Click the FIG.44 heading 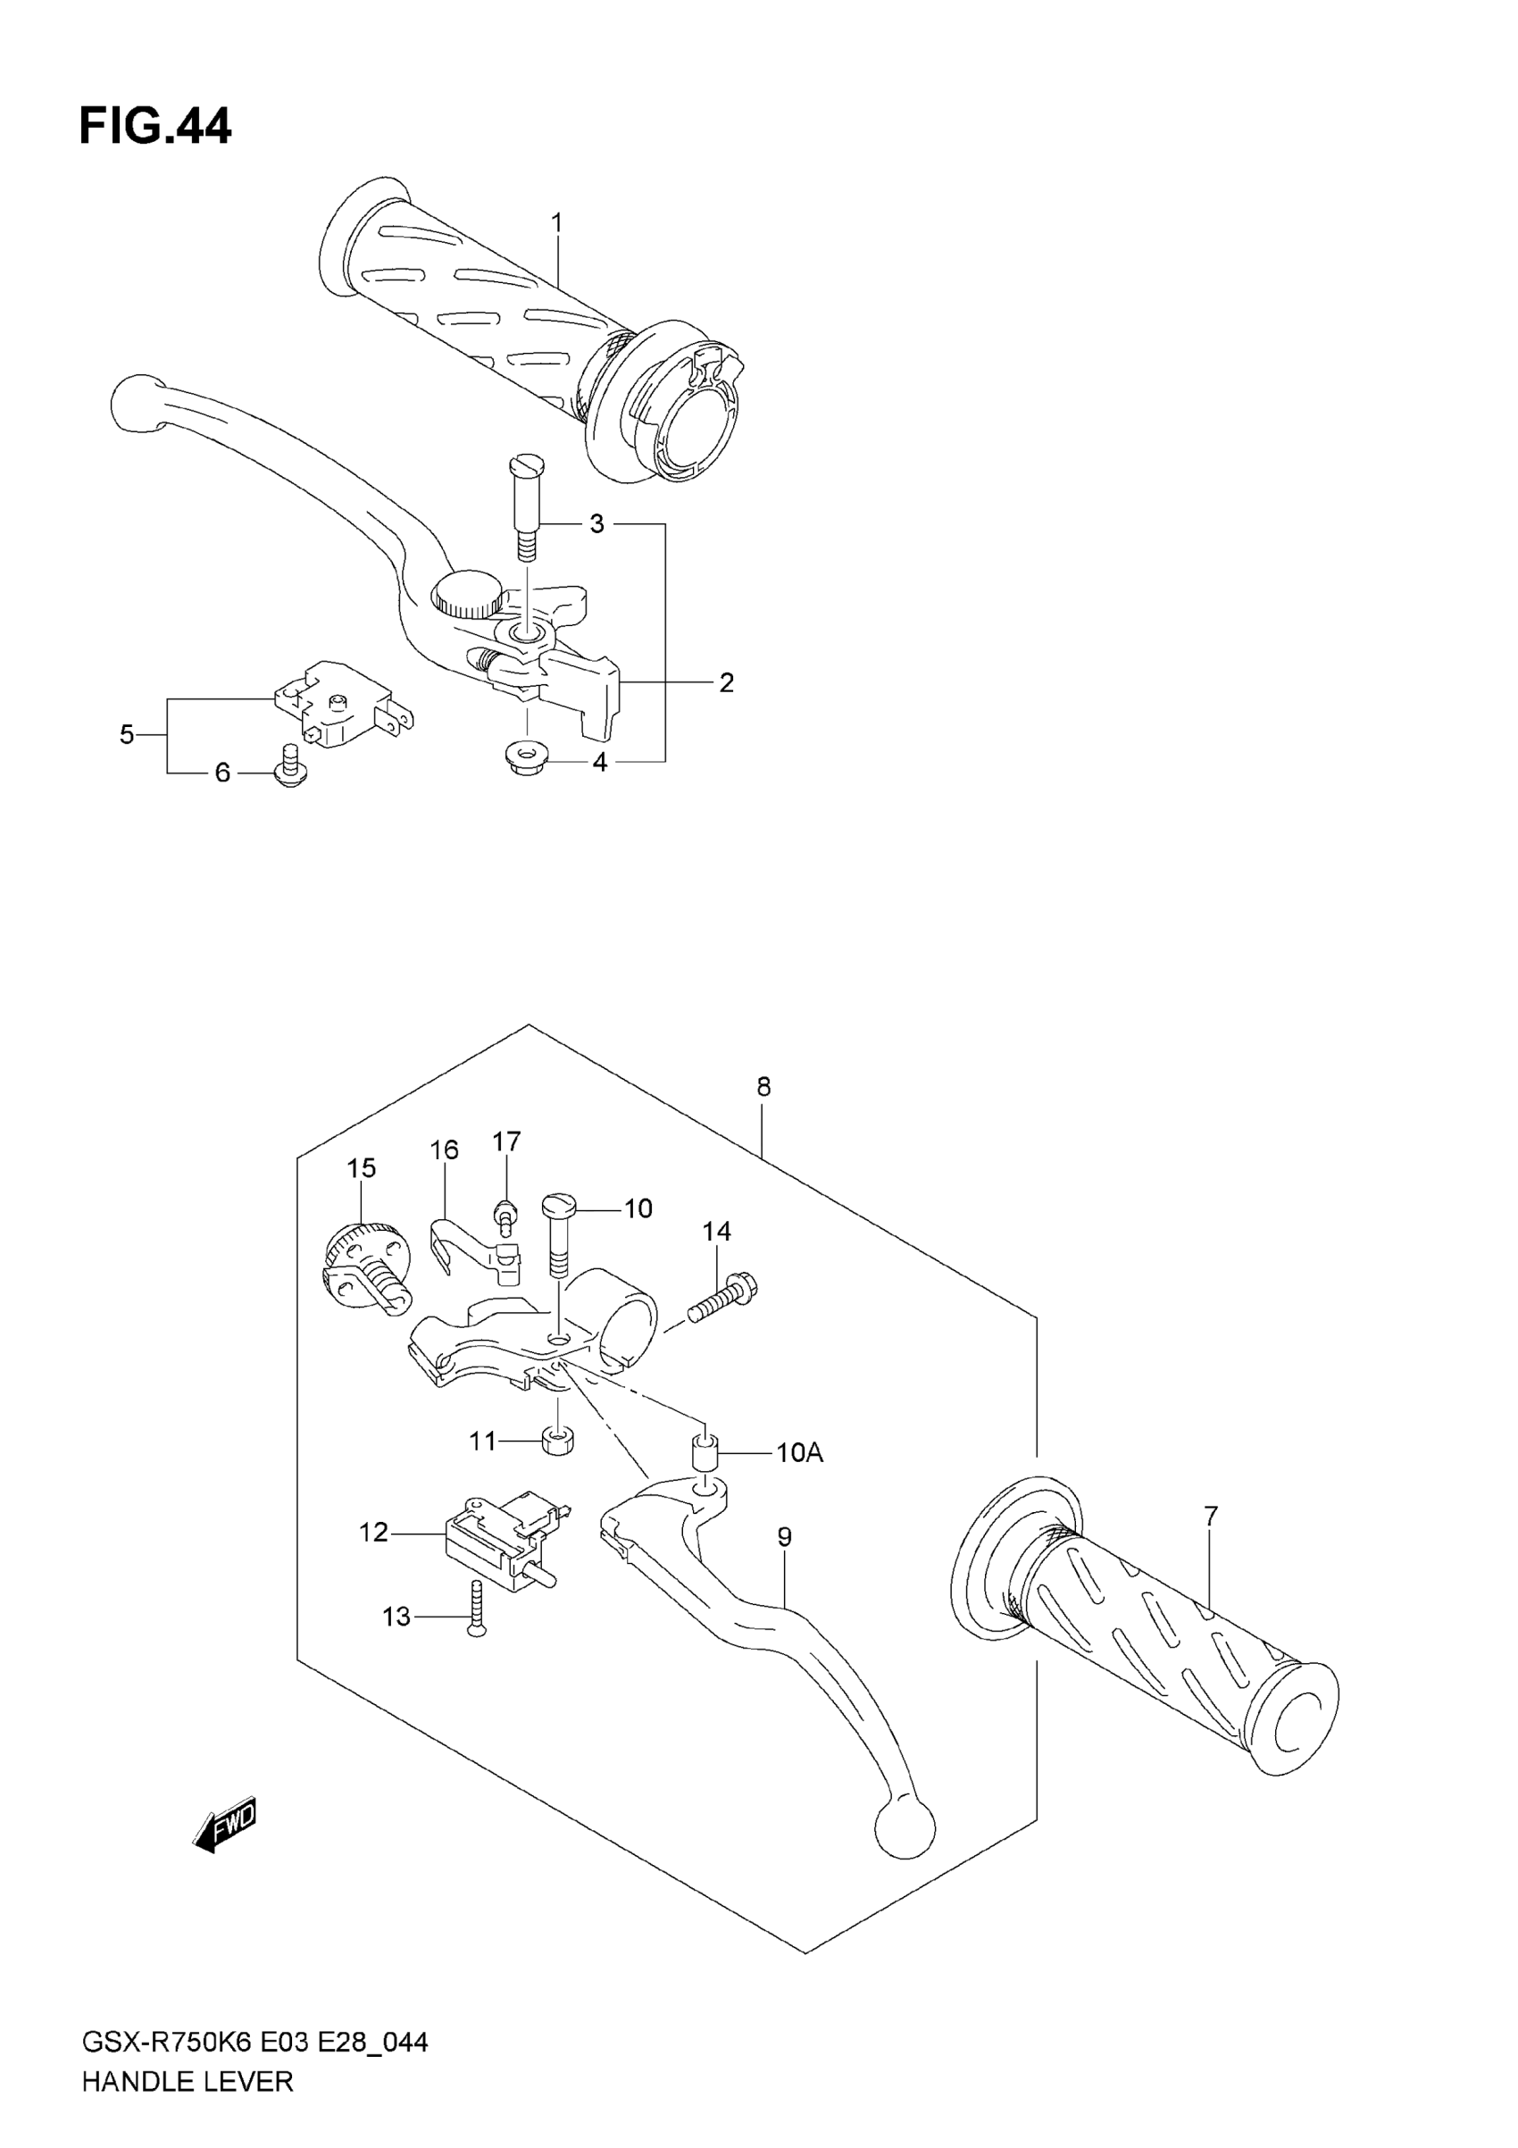155,126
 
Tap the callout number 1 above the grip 556,222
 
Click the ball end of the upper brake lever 137,403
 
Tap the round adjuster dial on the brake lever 467,596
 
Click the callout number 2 726,682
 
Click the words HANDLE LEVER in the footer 188,2082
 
